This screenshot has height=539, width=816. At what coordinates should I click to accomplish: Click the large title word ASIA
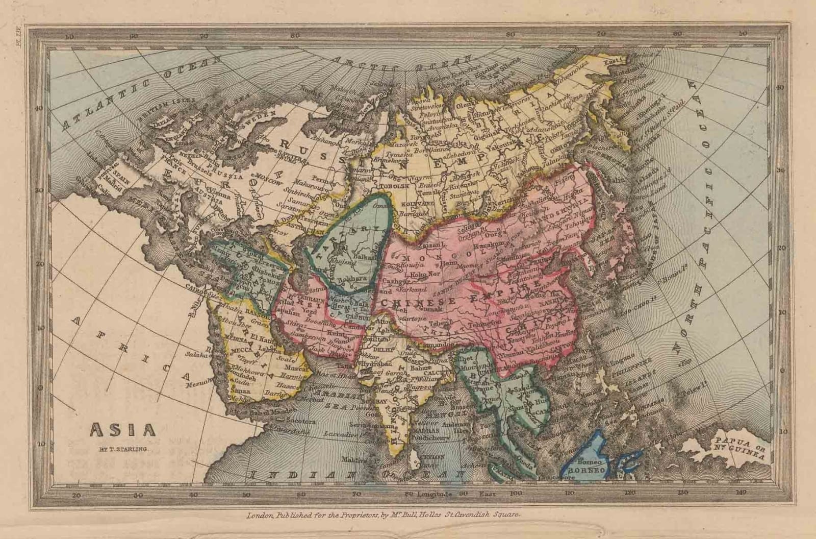(123, 429)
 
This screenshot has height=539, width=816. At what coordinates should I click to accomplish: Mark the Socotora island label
(301, 422)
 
